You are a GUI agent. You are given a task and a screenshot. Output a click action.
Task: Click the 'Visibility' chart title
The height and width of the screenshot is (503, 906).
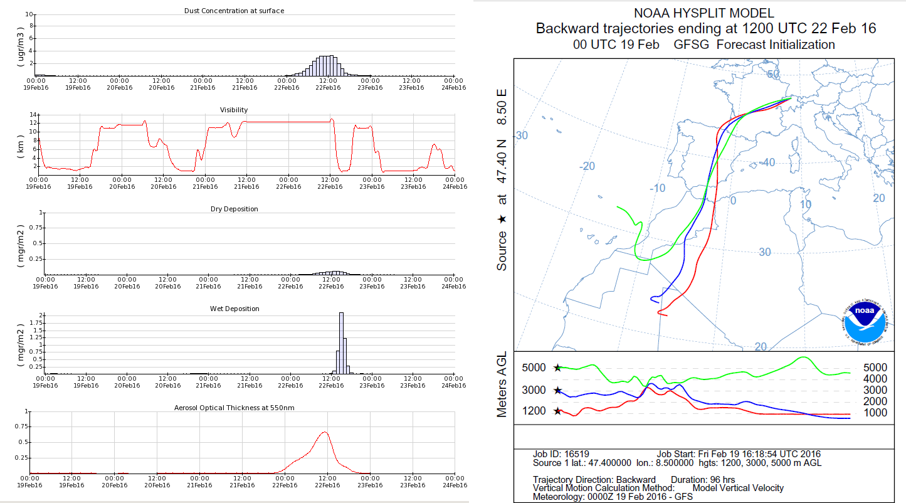(233, 110)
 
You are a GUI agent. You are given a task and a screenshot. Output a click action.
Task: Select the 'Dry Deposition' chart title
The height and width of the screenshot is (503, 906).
(234, 209)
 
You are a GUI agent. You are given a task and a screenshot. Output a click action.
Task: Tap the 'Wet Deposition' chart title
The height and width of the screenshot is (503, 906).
(234, 309)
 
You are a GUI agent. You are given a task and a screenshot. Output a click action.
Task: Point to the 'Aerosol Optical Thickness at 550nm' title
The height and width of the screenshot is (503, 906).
(234, 408)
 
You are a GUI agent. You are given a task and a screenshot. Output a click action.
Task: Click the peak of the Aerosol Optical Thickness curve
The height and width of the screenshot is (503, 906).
(324, 432)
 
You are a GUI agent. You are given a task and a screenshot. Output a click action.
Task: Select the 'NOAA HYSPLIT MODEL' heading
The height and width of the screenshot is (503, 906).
(703, 13)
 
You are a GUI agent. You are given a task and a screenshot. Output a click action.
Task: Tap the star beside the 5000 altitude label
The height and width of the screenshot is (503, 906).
(557, 368)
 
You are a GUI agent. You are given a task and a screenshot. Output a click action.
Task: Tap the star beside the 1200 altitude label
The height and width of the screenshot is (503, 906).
(557, 411)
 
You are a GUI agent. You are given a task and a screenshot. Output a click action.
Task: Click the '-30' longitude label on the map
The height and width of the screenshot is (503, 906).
(520, 135)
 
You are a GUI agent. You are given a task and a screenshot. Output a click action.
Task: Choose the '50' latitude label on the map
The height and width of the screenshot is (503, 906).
(773, 74)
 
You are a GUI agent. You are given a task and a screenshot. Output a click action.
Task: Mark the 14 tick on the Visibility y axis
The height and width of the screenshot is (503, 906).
(33, 114)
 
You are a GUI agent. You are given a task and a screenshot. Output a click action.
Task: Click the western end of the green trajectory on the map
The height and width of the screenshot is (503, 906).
(618, 206)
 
